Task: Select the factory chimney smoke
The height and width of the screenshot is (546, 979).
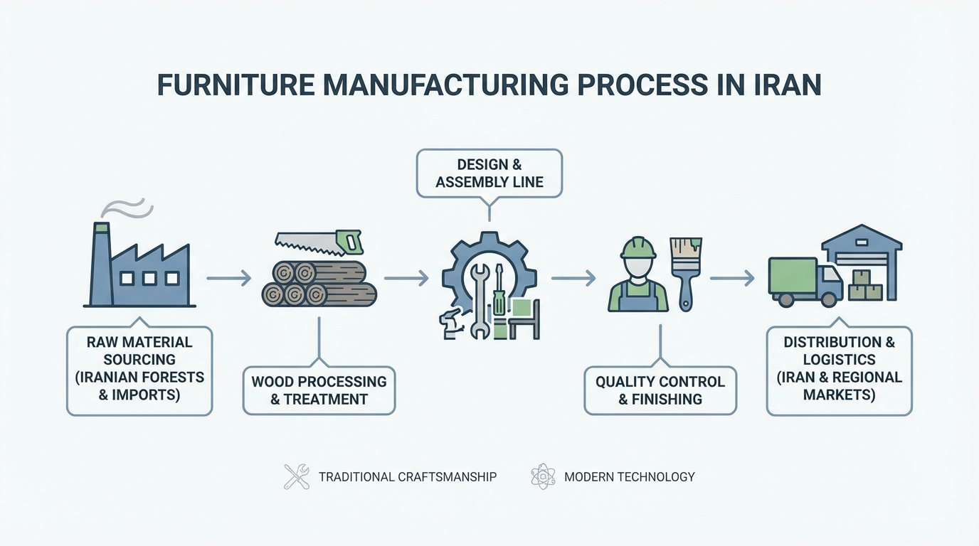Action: tap(127, 208)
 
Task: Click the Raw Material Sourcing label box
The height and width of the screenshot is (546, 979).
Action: tap(139, 370)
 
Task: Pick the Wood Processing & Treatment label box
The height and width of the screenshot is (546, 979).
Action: tap(319, 390)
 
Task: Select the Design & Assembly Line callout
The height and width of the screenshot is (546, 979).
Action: tap(489, 173)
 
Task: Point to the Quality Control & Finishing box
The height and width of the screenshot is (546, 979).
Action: tap(660, 390)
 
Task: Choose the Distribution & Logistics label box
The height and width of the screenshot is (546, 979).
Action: tap(839, 370)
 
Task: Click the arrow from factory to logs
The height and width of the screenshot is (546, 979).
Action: tap(228, 278)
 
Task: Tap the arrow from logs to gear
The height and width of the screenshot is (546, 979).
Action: tap(406, 278)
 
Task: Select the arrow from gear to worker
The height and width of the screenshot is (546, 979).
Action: tap(573, 278)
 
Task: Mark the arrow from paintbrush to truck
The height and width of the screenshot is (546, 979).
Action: tap(732, 278)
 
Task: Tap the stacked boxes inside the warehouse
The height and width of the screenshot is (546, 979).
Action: tap(866, 288)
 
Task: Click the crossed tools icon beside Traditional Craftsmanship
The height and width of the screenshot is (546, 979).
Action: tap(297, 476)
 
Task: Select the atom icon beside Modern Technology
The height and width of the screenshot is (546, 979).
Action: tap(543, 476)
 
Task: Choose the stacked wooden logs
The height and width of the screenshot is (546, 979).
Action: tap(318, 284)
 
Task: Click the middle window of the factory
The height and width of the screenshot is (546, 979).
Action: tap(149, 278)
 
